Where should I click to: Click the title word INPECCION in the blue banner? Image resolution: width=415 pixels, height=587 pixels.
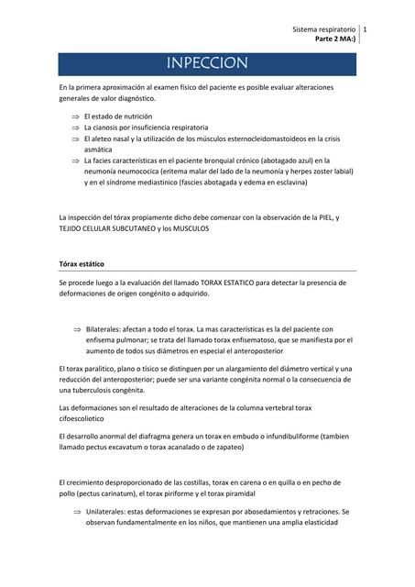[x=207, y=63]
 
